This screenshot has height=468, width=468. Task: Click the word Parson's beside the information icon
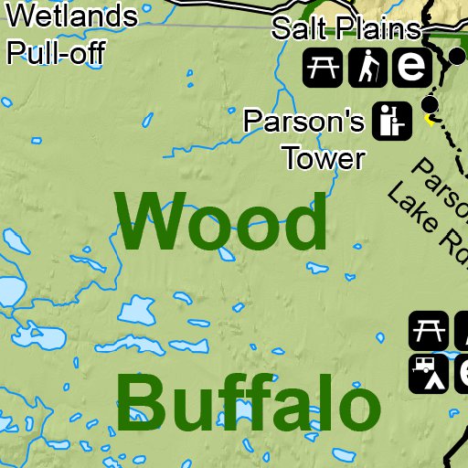pyautogui.click(x=304, y=121)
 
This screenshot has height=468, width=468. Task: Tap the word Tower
pyautogui.click(x=324, y=159)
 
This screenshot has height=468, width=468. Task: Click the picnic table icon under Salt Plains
pyautogui.click(x=323, y=67)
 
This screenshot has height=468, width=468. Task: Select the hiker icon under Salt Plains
pyautogui.click(x=367, y=67)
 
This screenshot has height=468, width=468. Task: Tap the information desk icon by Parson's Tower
pyautogui.click(x=390, y=121)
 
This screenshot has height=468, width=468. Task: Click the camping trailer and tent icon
pyautogui.click(x=427, y=372)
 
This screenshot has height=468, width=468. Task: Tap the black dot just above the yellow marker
pyautogui.click(x=431, y=104)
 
